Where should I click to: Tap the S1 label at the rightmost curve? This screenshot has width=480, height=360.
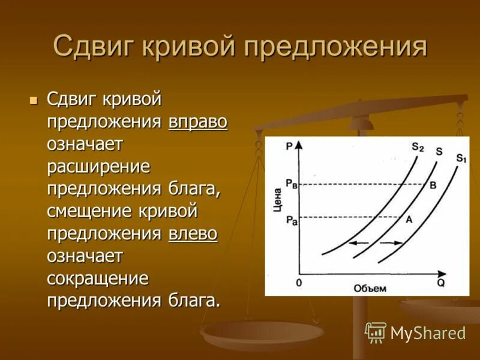pos(460,158)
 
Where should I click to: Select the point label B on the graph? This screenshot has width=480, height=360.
pos(433,185)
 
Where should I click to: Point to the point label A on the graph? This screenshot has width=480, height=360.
pos(409,220)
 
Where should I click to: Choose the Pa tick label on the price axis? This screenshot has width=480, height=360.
pos(291,220)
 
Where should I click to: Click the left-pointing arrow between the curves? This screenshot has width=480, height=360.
pos(359,243)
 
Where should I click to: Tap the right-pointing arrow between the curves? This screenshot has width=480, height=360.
pos(392,243)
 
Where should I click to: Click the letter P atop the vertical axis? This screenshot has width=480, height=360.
pos(290,145)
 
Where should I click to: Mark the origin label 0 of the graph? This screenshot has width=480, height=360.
pos(298,282)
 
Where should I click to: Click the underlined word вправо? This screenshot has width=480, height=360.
pos(198,122)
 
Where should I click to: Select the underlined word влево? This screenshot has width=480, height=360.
pos(193,233)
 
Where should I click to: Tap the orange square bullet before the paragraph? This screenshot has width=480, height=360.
pos(34,98)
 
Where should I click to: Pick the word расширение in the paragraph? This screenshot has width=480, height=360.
pos(99,167)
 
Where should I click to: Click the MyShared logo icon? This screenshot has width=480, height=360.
pos(376,332)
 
